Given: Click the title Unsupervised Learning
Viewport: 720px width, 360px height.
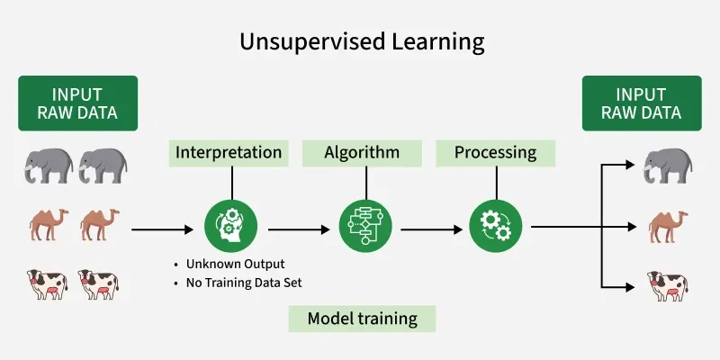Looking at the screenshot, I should coord(361,41).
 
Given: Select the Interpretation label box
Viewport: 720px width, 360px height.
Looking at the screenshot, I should coord(228,152).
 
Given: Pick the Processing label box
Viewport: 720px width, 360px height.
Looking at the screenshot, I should coord(495,152).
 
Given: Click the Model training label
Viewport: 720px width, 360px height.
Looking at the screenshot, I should coord(362,319).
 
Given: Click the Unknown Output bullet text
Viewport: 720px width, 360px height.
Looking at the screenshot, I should coord(234,265).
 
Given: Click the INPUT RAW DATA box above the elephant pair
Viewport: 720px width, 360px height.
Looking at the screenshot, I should coord(77,103).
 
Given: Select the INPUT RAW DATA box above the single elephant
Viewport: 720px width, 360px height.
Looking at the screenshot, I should coord(643,103).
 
